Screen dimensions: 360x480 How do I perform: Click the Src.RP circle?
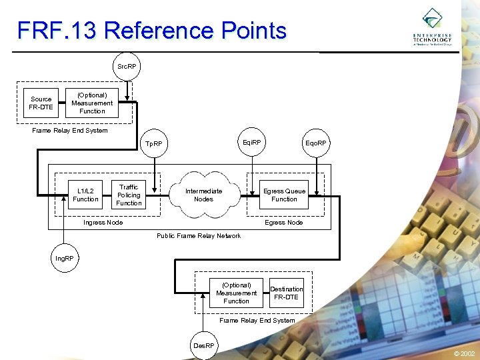coord(126,67)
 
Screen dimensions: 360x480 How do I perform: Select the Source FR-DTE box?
coord(41,103)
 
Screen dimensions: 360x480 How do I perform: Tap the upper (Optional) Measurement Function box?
coord(92,103)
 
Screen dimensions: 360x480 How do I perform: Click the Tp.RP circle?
coord(154,144)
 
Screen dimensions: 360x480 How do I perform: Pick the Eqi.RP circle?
coord(252,143)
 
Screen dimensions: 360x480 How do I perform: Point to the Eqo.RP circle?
coord(316,143)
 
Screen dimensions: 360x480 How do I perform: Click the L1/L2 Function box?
coord(85,195)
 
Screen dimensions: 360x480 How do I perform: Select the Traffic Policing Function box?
coord(129,195)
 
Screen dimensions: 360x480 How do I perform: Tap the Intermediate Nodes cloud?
coord(203,195)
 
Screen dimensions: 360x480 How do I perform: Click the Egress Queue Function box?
coord(284,195)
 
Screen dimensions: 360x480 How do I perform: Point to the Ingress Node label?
coord(103,223)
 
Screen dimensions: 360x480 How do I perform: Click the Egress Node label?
coord(284,223)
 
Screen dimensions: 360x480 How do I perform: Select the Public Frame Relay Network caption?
coord(199,236)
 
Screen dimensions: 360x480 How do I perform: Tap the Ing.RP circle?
coord(65,257)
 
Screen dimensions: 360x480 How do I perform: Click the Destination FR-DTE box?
coord(287,293)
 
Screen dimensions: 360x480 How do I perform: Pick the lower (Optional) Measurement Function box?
coord(236,293)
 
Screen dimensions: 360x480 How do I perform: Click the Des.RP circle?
coord(203,345)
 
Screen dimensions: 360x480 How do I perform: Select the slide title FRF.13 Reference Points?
coord(152,31)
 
